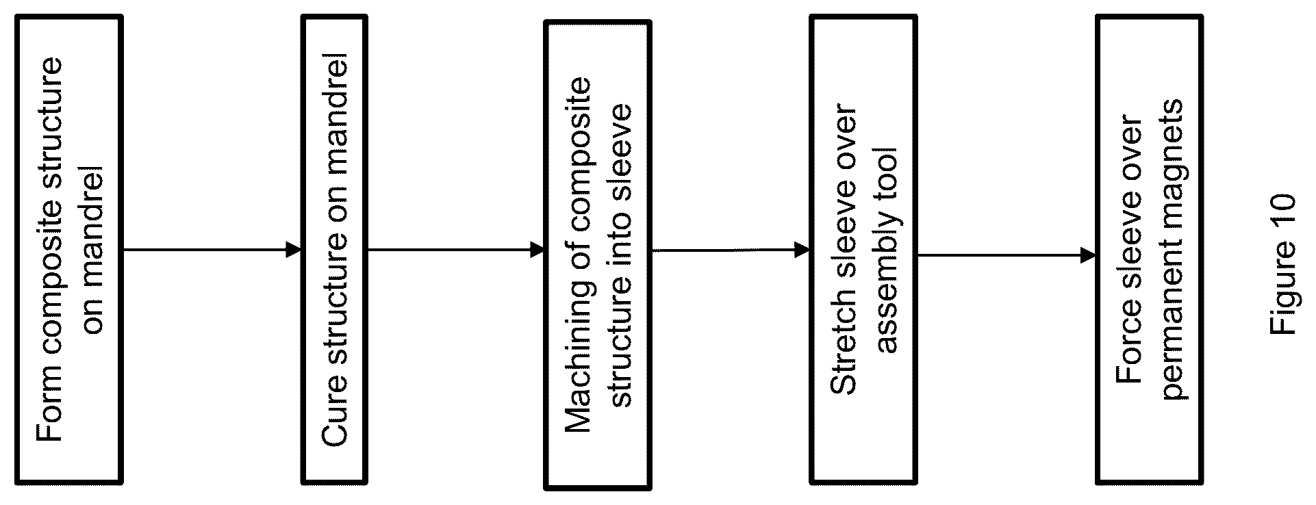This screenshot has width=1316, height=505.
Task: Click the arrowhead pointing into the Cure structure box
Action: (294, 250)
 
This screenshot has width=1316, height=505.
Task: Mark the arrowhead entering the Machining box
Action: (537, 250)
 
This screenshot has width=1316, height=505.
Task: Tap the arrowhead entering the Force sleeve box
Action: (1088, 256)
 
